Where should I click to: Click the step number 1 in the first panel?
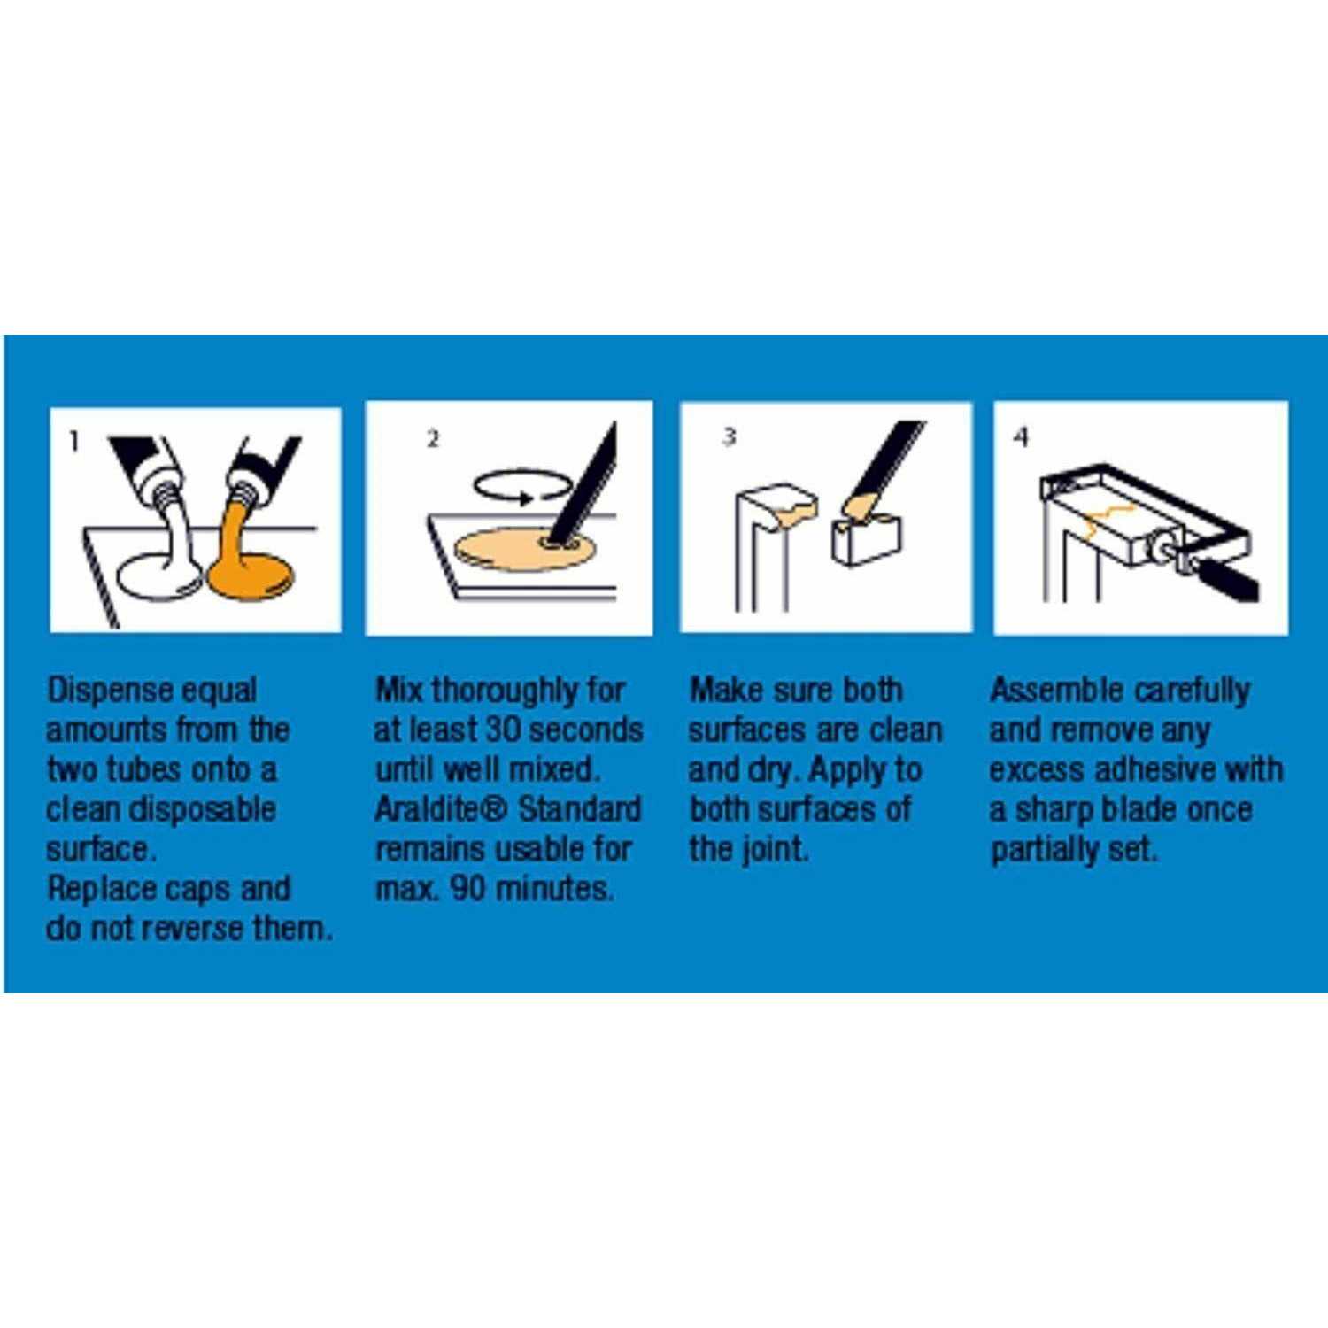(74, 440)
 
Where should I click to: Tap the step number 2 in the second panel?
(432, 438)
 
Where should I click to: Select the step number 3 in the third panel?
(729, 436)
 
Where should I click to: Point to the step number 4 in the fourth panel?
(1022, 436)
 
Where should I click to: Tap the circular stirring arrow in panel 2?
(522, 487)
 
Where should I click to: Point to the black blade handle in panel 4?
(1226, 577)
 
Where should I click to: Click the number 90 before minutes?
(467, 888)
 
